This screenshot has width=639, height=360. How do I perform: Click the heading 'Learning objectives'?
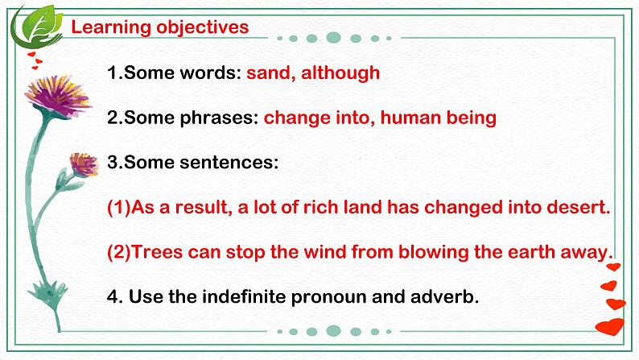click(x=160, y=27)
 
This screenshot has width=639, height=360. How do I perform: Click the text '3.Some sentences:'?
click(x=192, y=162)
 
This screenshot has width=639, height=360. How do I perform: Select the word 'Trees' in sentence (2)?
click(x=157, y=251)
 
